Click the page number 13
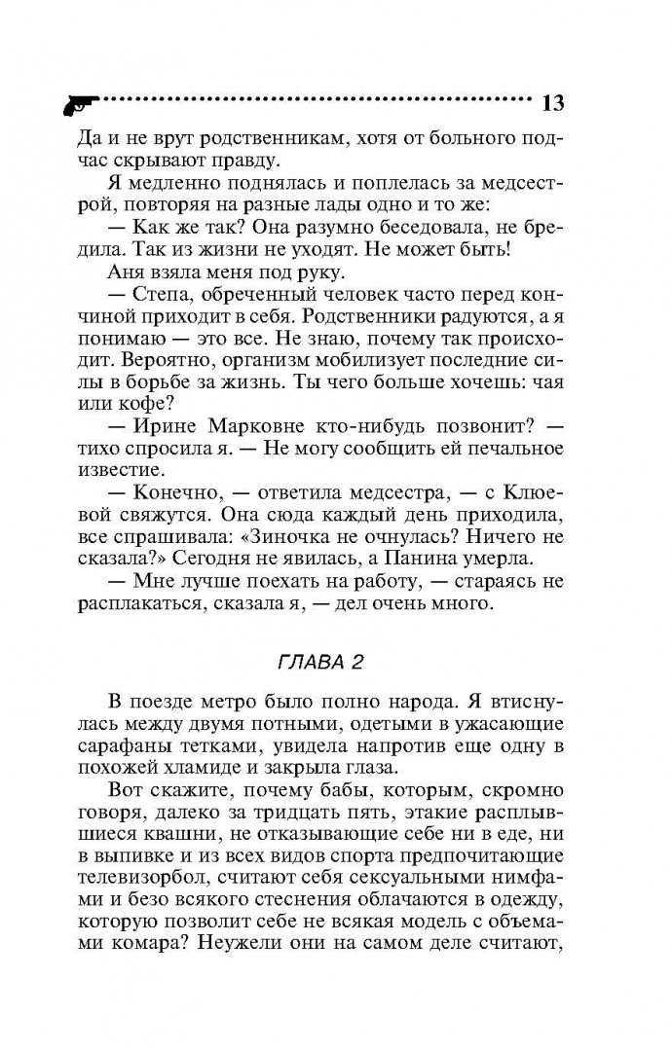552,101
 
